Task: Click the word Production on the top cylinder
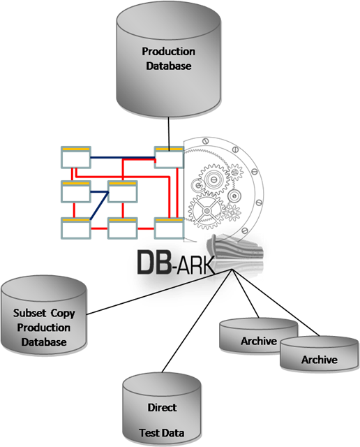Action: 169,52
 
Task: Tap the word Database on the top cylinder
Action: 169,66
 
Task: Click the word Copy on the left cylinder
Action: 63,314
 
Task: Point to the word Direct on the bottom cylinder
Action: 162,407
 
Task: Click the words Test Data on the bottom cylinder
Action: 162,433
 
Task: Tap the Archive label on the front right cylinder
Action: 320,360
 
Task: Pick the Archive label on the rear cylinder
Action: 259,341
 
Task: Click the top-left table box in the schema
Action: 76,157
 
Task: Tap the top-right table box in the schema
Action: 169,157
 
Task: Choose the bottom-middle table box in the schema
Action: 123,228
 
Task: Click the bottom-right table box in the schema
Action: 169,228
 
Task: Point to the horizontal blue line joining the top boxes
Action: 123,157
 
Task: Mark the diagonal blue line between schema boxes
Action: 99,206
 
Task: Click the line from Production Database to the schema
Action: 169,132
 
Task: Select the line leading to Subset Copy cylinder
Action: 160,292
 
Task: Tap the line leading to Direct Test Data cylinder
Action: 197,321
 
